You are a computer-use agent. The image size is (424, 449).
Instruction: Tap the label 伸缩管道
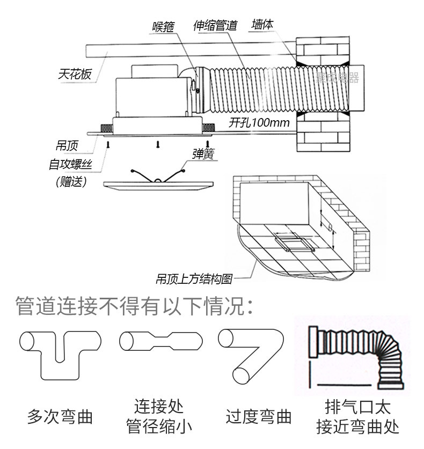(215, 26)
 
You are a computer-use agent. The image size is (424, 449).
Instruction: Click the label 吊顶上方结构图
(193, 279)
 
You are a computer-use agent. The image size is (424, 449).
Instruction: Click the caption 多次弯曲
(60, 416)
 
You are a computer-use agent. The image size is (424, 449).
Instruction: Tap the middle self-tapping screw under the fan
(158, 144)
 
